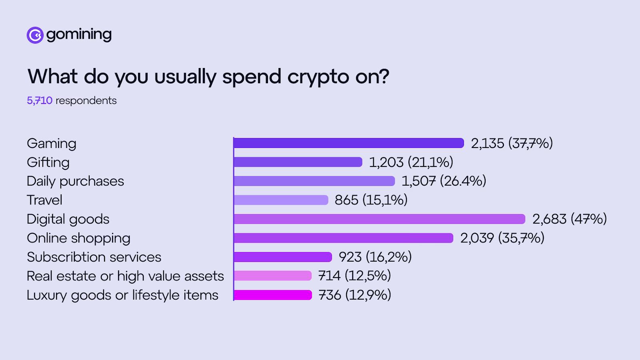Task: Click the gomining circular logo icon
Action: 35,35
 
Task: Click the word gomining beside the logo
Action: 79,35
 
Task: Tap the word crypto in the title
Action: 318,76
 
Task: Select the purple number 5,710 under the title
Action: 40,100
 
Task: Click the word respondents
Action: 86,100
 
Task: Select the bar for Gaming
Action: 348,143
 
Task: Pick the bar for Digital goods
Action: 379,219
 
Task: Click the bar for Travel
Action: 281,200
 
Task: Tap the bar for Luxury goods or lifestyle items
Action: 273,295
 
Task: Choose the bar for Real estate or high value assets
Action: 272,276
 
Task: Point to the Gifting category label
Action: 48,162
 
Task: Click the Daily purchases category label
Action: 75,181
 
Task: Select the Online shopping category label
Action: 78,238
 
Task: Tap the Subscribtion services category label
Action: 94,257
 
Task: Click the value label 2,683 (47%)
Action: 569,219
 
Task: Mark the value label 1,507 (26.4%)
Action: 444,181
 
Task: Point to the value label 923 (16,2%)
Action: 375,257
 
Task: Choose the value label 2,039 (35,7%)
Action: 502,238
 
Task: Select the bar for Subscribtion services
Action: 283,257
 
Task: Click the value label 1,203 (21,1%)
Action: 411,162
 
